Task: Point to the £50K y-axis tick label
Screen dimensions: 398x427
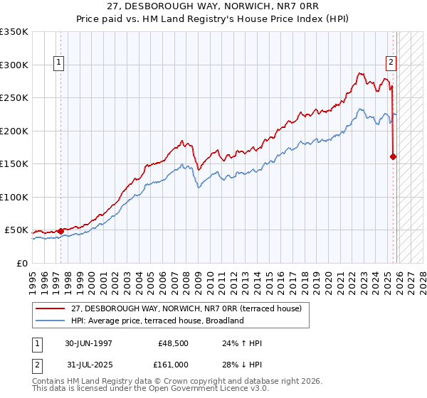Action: [16, 230]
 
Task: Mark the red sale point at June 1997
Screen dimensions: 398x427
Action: [61, 231]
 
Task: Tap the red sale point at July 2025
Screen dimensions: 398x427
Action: [394, 156]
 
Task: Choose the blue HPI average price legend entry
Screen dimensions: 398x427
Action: [157, 321]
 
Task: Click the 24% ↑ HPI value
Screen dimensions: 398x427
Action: [242, 343]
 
